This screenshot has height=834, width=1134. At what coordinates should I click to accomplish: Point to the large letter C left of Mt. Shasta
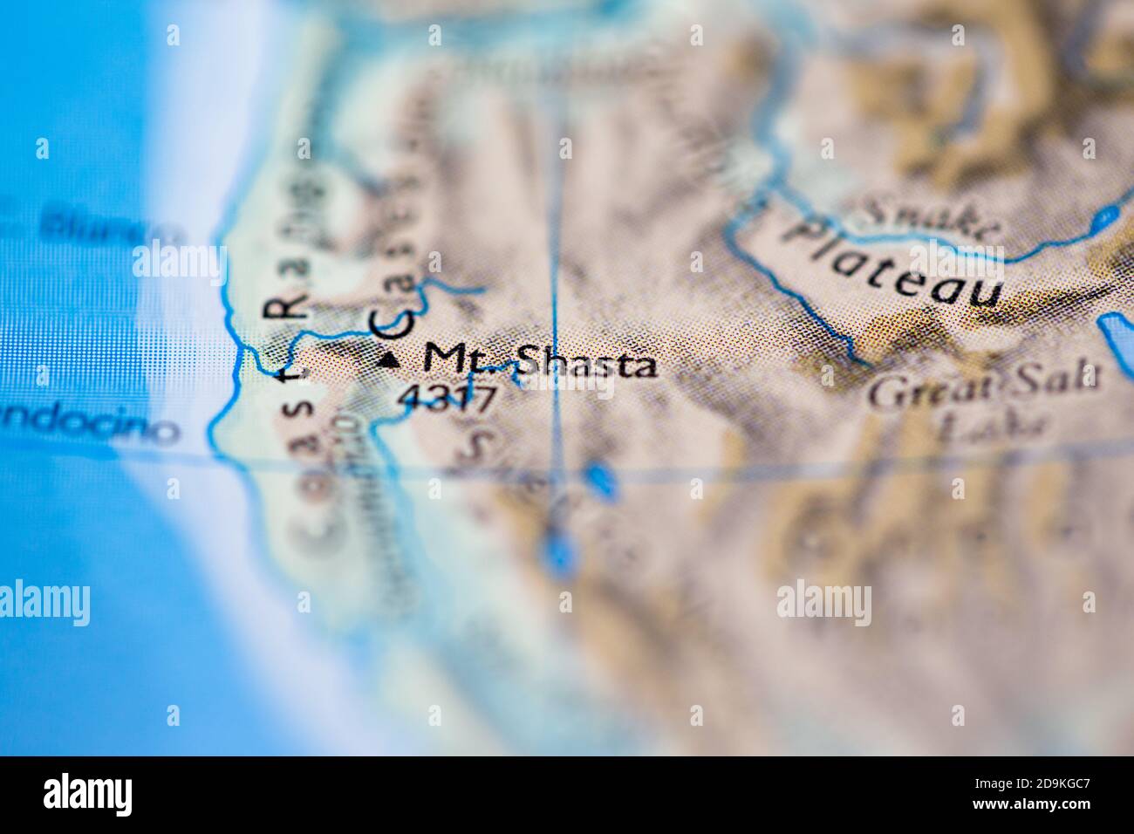[x=391, y=324]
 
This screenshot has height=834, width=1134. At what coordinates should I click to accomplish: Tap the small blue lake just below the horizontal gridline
[x=598, y=479]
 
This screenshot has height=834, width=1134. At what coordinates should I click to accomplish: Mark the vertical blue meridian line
[x=554, y=262]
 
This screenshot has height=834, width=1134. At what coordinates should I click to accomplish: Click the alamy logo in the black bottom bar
[x=88, y=795]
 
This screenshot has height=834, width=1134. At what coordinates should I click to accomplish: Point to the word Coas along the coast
[x=300, y=471]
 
